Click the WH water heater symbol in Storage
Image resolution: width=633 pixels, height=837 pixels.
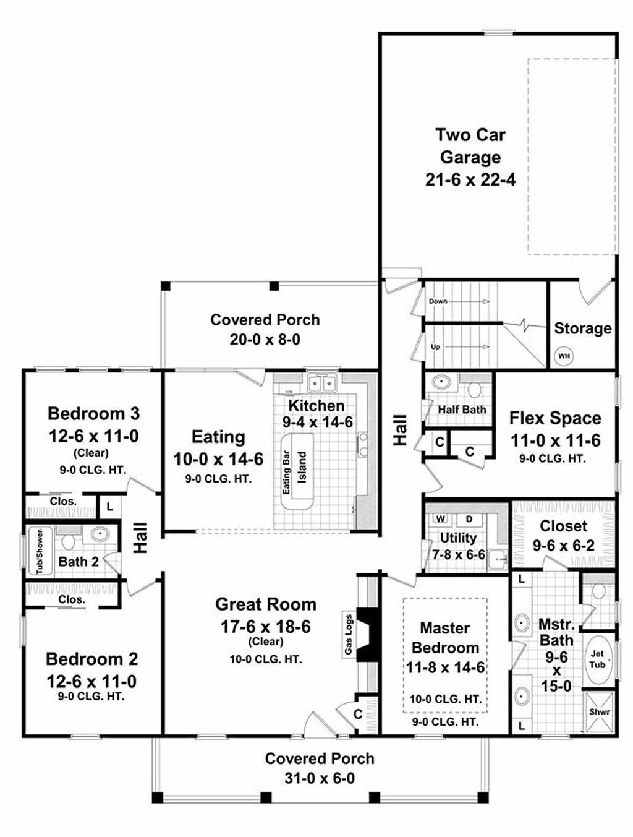pos(564,356)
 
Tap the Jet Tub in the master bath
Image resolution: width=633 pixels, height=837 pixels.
pos(597,659)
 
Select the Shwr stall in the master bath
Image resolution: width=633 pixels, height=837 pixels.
pos(599,712)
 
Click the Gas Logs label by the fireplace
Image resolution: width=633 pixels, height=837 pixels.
pos(349,635)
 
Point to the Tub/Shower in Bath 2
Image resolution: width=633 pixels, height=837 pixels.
pos(40,551)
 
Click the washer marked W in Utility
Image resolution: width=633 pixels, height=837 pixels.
pos(441,518)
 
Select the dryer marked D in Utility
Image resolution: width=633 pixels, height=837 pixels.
pos(469,518)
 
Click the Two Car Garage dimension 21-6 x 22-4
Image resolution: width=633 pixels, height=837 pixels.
pos(470,180)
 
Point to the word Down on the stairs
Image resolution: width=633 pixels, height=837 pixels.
pos(438,301)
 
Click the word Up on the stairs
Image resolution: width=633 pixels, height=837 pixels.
pos(435,347)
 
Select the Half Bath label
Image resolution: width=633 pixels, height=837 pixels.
pos(462,410)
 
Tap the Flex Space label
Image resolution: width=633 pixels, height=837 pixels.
pos(554,418)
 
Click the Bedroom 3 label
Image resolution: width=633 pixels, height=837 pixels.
pos(93,413)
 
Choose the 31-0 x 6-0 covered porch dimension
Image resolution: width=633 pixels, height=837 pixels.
pos(320,778)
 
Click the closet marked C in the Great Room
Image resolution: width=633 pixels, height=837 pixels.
pos(358,714)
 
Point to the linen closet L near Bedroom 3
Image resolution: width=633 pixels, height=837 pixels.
pos(109,507)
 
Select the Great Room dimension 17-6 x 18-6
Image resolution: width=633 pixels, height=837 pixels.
pos(265,627)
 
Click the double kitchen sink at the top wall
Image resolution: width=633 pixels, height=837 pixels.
pos(323,384)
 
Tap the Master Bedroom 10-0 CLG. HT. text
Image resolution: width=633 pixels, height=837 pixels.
pos(445,699)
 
